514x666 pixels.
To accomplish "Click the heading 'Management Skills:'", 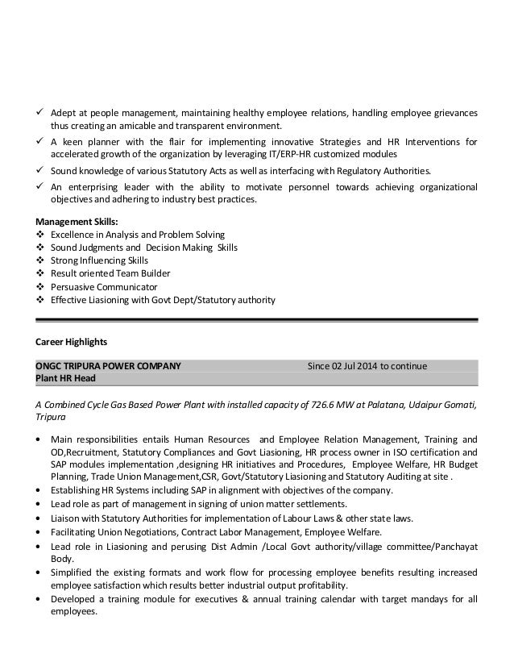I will tap(77, 221).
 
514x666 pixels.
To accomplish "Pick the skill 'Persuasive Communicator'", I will tap(104, 286).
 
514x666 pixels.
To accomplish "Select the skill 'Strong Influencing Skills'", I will tap(99, 260).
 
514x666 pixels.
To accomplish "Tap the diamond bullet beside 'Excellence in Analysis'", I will tap(41, 235).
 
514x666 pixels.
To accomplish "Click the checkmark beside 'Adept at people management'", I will tap(41, 113).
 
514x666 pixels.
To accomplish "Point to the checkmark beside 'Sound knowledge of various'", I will tap(41, 171).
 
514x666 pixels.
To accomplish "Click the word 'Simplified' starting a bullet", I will tap(72, 572).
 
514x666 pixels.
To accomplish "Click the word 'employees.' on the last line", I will tap(74, 611).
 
